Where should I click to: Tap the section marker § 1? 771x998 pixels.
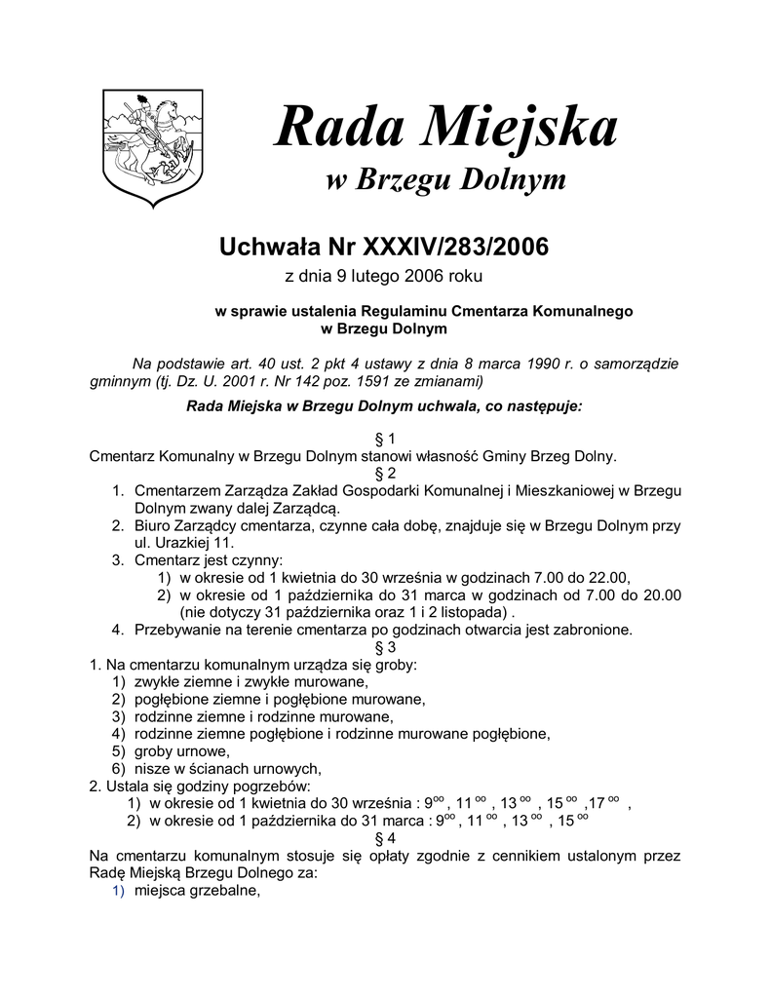(x=385, y=437)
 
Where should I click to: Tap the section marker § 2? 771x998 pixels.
(x=385, y=472)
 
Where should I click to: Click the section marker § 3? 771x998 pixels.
(x=385, y=646)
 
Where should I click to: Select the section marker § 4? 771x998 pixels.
(x=385, y=837)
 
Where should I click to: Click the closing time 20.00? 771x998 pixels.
(x=660, y=595)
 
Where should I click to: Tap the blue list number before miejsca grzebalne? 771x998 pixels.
(x=118, y=891)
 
